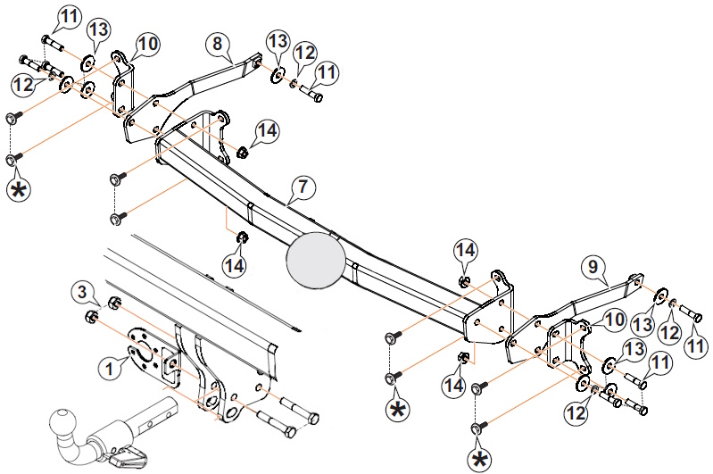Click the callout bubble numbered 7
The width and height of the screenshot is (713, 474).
click(x=303, y=187)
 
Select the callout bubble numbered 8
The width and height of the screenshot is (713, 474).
click(x=218, y=44)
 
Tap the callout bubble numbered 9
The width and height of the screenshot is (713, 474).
click(x=593, y=267)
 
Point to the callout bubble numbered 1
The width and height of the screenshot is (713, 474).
click(x=110, y=369)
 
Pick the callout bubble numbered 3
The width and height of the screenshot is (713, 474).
click(x=82, y=292)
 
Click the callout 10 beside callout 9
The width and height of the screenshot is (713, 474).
click(x=614, y=320)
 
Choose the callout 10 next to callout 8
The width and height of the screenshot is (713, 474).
click(x=148, y=44)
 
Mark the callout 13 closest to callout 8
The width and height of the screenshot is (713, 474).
click(x=278, y=41)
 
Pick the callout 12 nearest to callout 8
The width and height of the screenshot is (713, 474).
click(x=305, y=53)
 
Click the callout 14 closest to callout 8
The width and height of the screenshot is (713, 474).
click(x=268, y=131)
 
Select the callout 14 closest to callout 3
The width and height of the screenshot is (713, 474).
click(x=235, y=265)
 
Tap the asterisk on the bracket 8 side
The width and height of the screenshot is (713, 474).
click(x=18, y=190)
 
